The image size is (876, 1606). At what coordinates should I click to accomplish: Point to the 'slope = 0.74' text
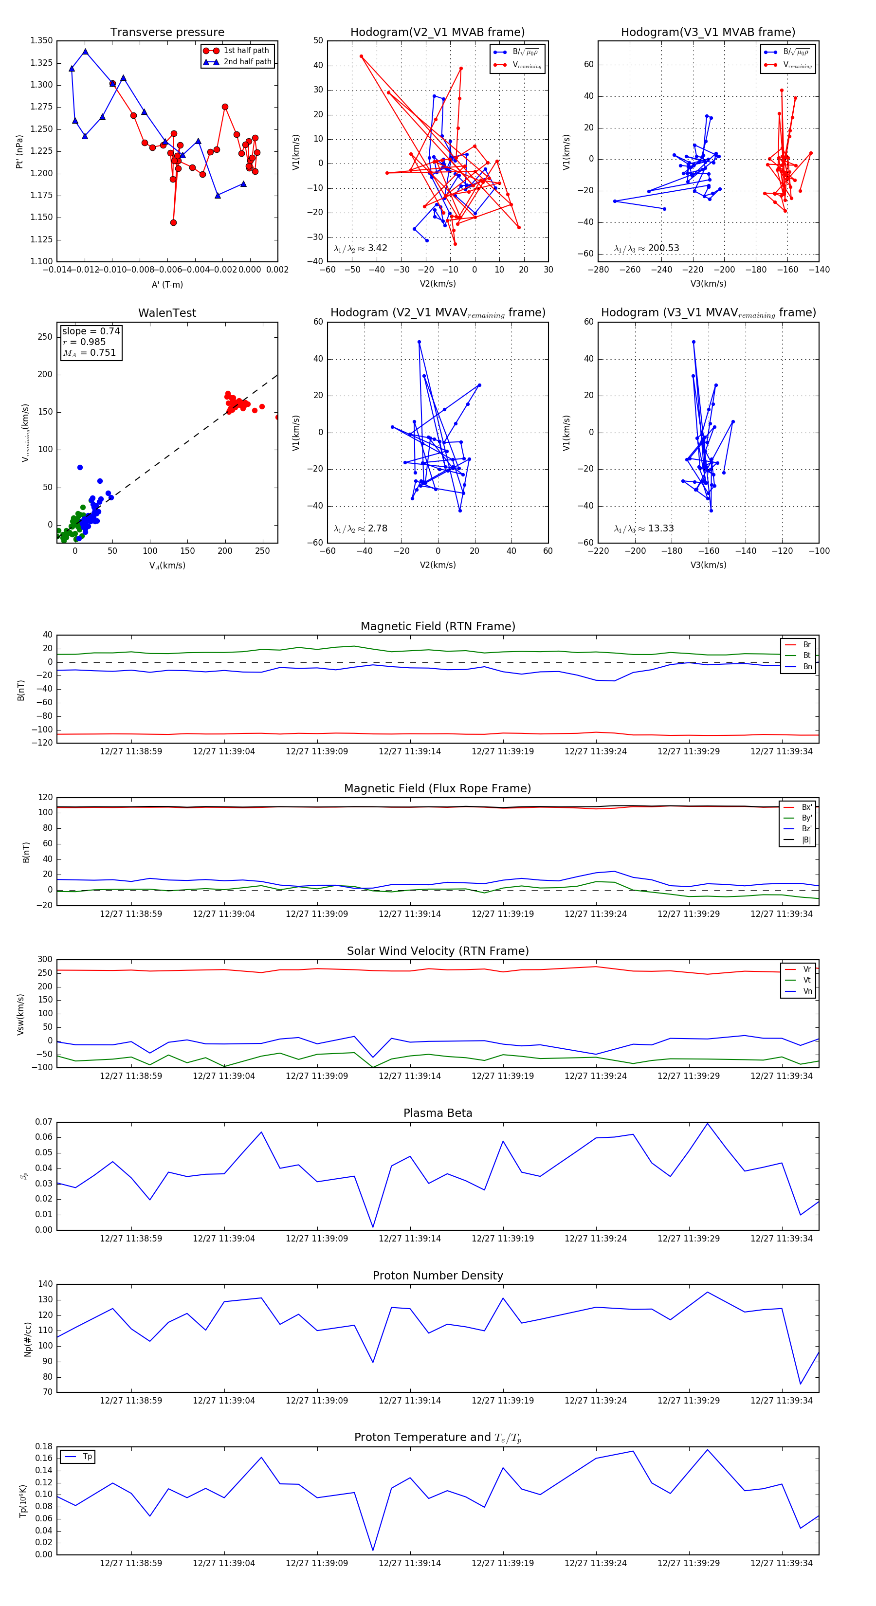point(91,331)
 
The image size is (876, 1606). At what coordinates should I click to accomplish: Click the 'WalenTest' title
point(167,313)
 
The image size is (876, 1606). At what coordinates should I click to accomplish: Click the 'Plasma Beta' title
point(438,1113)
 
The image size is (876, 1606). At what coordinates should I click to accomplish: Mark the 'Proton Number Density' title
point(438,1276)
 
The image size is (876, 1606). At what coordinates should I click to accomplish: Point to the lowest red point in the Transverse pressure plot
point(173,222)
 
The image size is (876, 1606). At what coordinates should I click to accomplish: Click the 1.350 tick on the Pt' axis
point(42,40)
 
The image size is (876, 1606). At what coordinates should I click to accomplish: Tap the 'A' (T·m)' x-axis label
point(167,285)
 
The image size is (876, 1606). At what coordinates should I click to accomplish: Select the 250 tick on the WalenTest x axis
point(262,551)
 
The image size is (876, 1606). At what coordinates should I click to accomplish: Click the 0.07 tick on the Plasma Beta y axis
point(44,1122)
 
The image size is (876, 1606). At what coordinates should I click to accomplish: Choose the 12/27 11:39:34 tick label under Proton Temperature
point(781,1563)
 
